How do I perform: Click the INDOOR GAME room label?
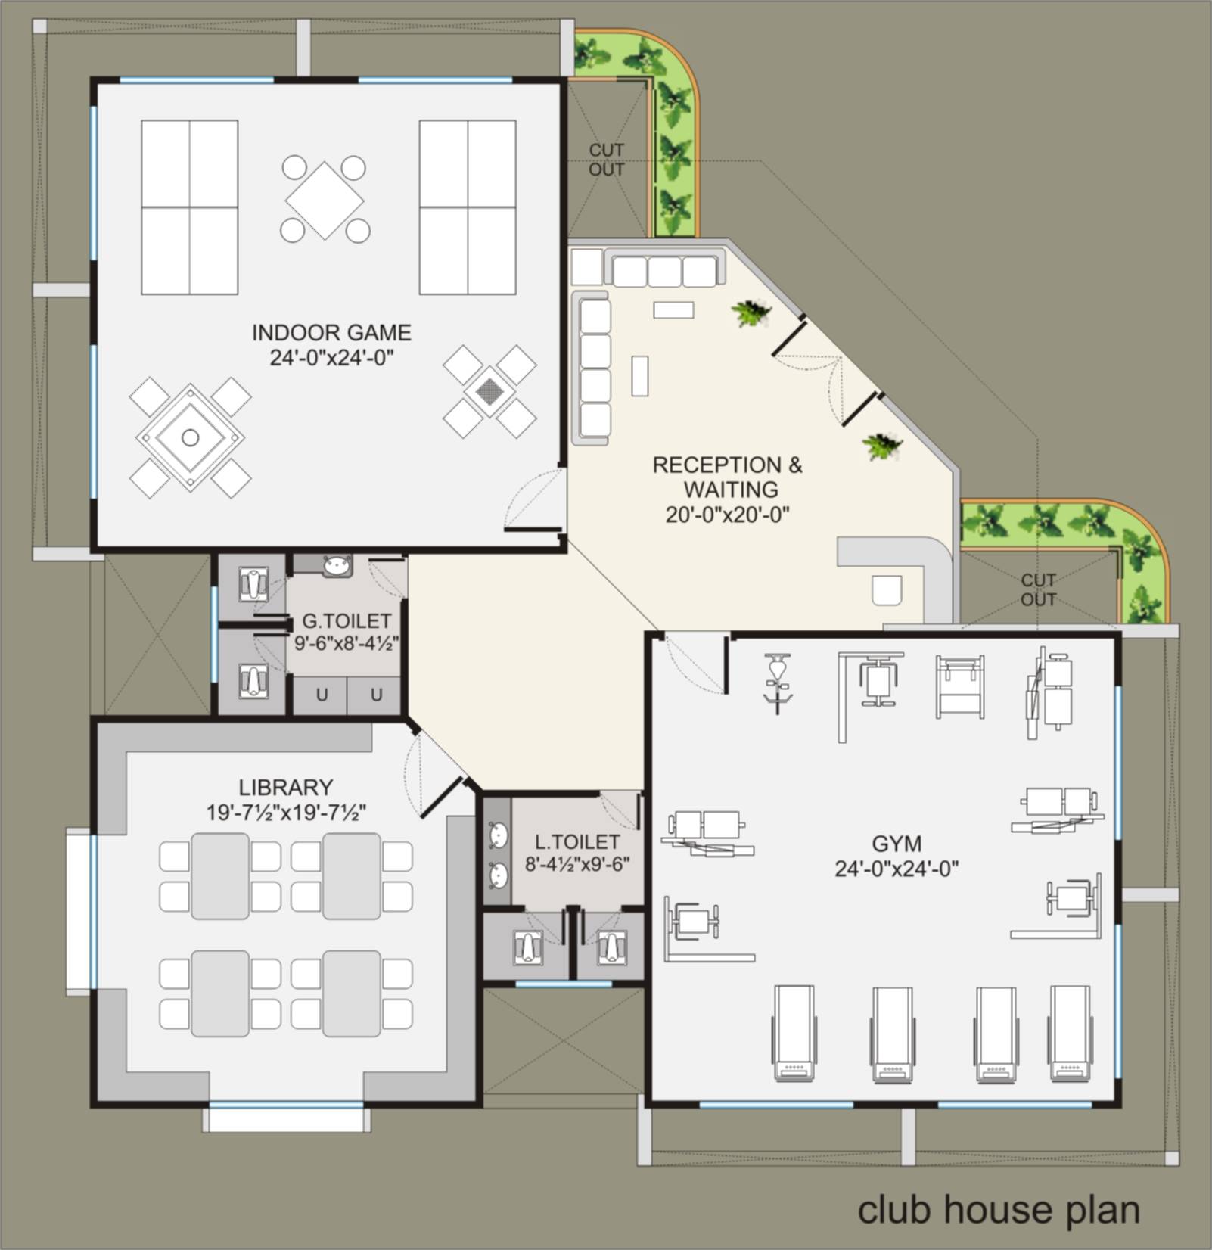[331, 333]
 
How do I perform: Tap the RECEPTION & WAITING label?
[728, 477]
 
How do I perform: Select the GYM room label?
[897, 844]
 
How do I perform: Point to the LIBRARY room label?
[286, 788]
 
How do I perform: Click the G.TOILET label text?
[347, 621]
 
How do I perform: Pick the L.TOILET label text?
[577, 842]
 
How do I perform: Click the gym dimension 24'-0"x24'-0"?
[897, 869]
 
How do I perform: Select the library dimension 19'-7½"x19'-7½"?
[286, 813]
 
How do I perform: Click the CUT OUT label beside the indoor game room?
[607, 160]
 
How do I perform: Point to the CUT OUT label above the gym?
[1038, 589]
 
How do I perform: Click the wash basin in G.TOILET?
[337, 565]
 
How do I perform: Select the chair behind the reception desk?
[886, 591]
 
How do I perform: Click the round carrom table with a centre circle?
[190, 437]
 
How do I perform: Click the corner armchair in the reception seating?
[587, 267]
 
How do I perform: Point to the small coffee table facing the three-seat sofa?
[673, 310]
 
